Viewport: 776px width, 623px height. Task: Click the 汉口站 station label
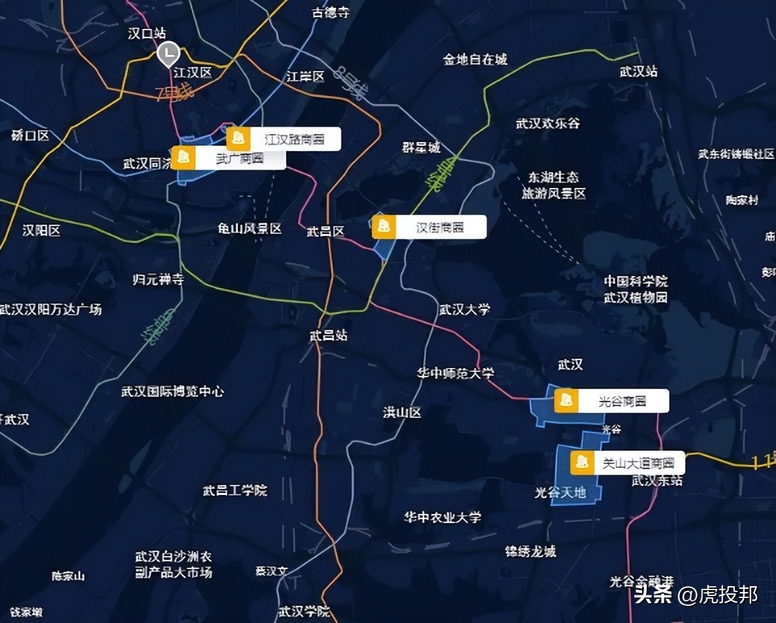[x=147, y=34]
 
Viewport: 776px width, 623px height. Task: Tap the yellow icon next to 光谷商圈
[x=566, y=401]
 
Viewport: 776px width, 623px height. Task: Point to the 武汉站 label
[x=638, y=72]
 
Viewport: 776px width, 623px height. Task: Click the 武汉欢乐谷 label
[x=548, y=123]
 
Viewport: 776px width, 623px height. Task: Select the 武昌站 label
[x=328, y=336]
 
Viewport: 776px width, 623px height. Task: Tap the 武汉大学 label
[x=464, y=309]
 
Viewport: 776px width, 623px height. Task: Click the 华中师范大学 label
[x=455, y=373]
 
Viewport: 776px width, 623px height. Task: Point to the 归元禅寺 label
[x=158, y=280]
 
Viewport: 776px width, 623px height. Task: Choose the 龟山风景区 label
[x=249, y=229]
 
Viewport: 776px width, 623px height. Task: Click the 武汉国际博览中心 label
[x=172, y=392]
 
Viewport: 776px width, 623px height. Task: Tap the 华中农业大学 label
[x=442, y=517]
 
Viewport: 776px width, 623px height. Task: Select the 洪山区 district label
[x=402, y=413]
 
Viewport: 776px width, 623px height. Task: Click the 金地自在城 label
[x=475, y=60]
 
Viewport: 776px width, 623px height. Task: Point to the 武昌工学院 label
[x=234, y=490]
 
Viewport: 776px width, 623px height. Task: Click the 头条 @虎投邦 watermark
[x=696, y=595]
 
